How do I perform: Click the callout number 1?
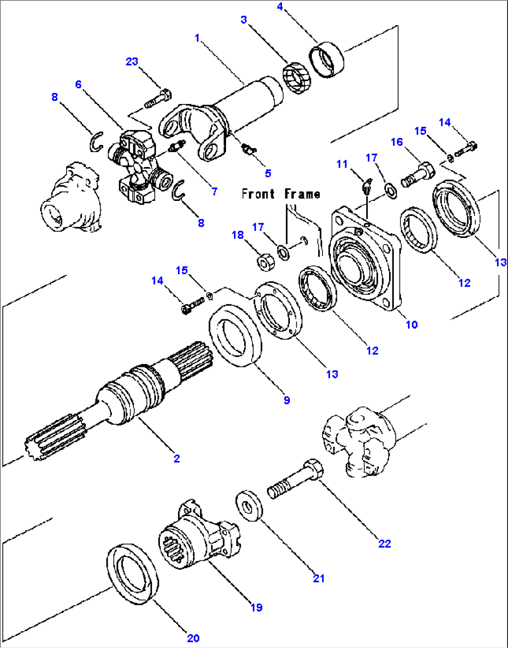pyautogui.click(x=197, y=38)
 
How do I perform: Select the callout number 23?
pyautogui.click(x=132, y=62)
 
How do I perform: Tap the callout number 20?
pyautogui.click(x=193, y=638)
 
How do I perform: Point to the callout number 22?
pyautogui.click(x=384, y=543)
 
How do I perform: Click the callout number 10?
pyautogui.click(x=412, y=324)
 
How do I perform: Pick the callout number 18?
pyautogui.click(x=238, y=235)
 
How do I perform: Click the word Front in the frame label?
pyautogui.click(x=258, y=194)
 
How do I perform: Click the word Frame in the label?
pyautogui.click(x=302, y=194)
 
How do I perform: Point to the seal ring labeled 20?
pyautogui.click(x=133, y=573)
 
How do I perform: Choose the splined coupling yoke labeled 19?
pyautogui.click(x=198, y=534)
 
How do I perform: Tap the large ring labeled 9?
pyautogui.click(x=235, y=335)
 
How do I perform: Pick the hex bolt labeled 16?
pyautogui.click(x=418, y=174)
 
